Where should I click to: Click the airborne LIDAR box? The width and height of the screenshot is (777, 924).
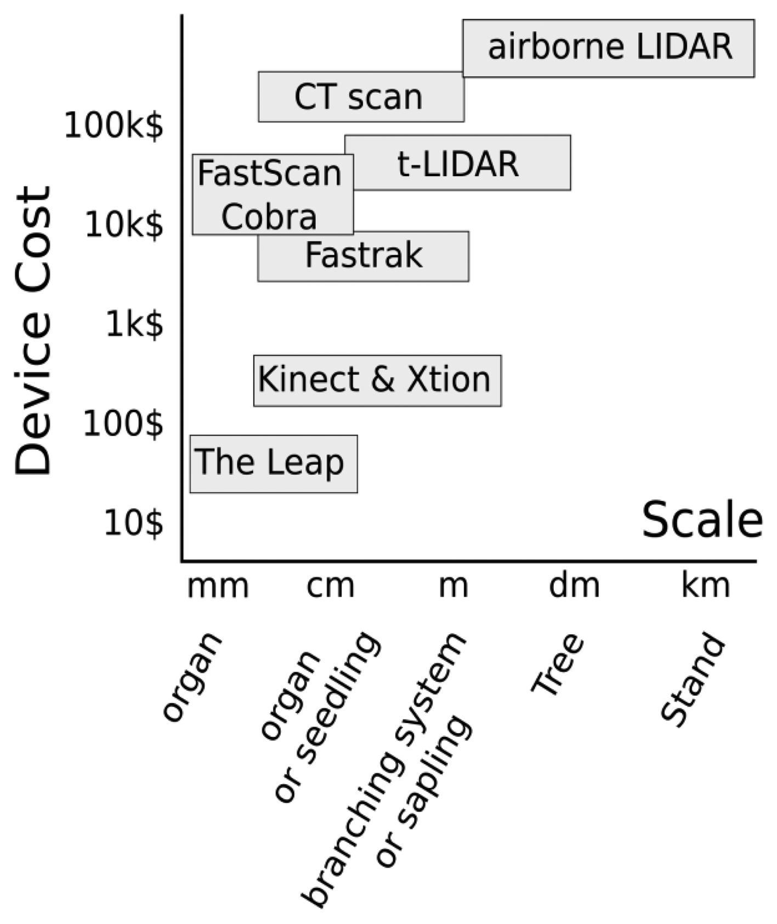tap(609, 48)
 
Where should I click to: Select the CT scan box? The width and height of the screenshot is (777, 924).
tap(361, 97)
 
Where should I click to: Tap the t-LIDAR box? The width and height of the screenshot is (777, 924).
tap(458, 163)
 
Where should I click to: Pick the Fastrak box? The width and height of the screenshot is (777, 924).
tap(364, 256)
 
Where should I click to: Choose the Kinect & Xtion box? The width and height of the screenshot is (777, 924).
tap(377, 380)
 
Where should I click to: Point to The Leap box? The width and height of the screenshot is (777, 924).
tap(273, 464)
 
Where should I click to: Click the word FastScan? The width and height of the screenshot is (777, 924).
tap(270, 173)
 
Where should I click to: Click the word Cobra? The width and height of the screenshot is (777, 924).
tap(269, 217)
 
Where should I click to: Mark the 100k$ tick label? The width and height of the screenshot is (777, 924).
tap(114, 126)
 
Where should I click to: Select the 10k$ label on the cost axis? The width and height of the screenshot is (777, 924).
tap(124, 225)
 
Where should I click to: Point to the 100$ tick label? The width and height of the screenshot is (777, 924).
tap(123, 424)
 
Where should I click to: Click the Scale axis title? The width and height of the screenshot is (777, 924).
tap(702, 520)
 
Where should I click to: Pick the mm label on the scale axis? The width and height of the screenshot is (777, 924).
tap(218, 587)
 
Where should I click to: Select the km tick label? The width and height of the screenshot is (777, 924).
tap(705, 585)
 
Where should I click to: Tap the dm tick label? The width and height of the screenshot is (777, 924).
tap(574, 585)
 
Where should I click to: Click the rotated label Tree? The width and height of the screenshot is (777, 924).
tap(557, 664)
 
